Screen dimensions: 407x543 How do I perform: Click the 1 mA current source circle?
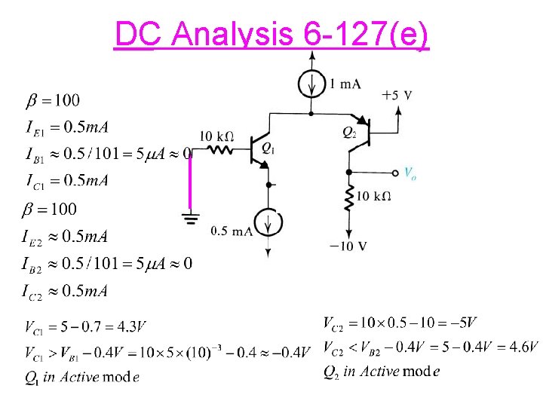tap(312, 84)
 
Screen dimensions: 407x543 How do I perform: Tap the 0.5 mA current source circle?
tap(268, 223)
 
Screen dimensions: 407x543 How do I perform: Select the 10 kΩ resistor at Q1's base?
tap(222, 151)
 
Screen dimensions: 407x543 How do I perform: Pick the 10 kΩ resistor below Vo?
tap(348, 198)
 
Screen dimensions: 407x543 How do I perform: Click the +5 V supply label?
tap(397, 96)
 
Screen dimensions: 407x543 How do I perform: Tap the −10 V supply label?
tap(348, 246)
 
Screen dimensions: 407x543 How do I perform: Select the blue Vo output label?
tap(410, 173)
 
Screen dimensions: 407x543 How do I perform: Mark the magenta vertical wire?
tap(190, 181)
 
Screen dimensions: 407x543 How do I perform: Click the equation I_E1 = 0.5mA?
tap(68, 127)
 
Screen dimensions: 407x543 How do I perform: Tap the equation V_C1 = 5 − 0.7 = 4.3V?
tap(85, 328)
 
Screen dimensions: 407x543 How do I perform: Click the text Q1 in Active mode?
tap(81, 377)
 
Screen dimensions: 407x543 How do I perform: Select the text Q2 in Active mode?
tap(382, 371)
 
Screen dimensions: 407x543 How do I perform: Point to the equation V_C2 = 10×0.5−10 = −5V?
tap(400, 323)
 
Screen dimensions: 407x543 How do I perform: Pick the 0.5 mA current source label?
tap(232, 231)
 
